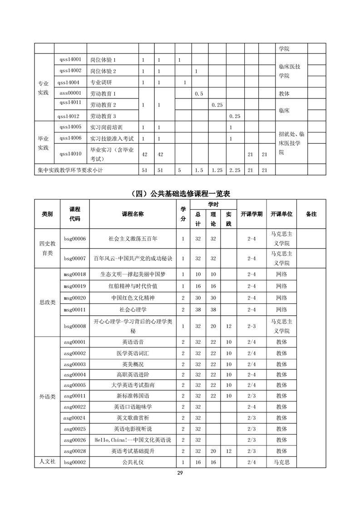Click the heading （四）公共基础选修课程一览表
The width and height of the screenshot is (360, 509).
tap(180, 194)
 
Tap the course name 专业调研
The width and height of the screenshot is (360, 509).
tap(101, 83)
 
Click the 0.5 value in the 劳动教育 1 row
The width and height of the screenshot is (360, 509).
tap(198, 94)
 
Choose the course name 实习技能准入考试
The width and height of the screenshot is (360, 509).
tap(109, 138)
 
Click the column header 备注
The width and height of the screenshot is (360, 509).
tap(311, 214)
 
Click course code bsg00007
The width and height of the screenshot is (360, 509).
tap(75, 258)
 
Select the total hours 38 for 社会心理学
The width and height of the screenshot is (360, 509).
tap(198, 309)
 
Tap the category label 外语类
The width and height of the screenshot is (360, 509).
tap(47, 396)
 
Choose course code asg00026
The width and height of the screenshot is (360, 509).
tap(75, 440)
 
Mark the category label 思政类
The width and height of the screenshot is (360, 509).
tap(47, 303)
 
